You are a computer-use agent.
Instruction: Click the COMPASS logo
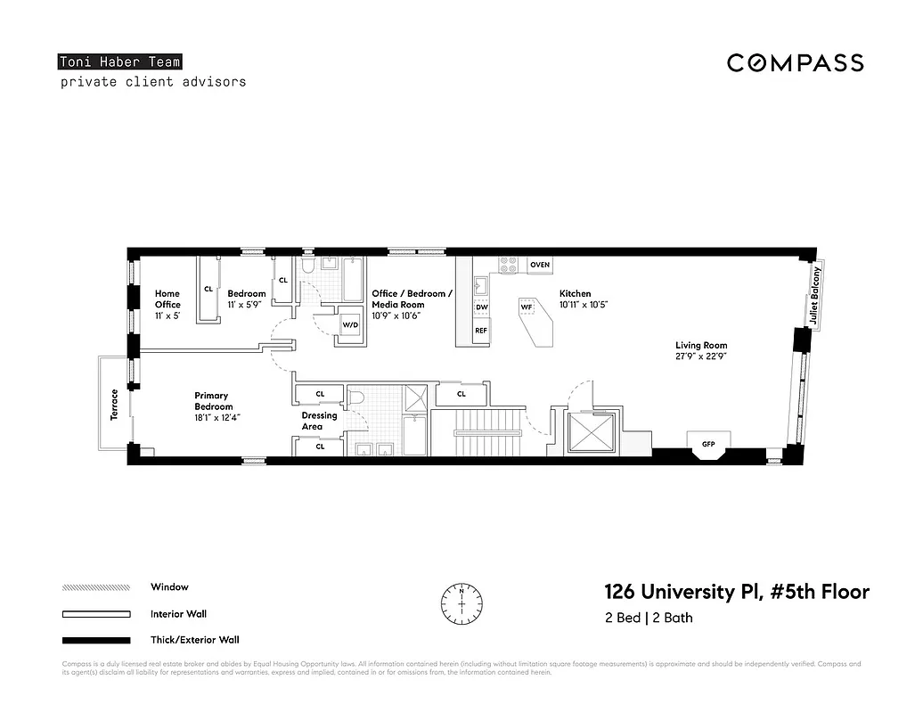click(795, 62)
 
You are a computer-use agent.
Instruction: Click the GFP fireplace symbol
click(708, 443)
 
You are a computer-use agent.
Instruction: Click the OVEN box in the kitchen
click(539, 266)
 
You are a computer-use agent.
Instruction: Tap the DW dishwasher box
click(481, 307)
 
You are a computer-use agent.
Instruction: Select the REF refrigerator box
click(481, 331)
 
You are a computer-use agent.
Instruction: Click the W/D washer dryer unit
click(350, 325)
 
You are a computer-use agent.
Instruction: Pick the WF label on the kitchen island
click(527, 307)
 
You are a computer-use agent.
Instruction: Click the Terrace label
click(114, 404)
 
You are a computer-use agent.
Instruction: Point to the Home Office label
click(167, 299)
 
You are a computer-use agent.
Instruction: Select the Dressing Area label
click(319, 421)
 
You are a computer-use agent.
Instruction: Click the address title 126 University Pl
click(736, 593)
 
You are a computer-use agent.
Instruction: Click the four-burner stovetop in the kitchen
click(510, 265)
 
